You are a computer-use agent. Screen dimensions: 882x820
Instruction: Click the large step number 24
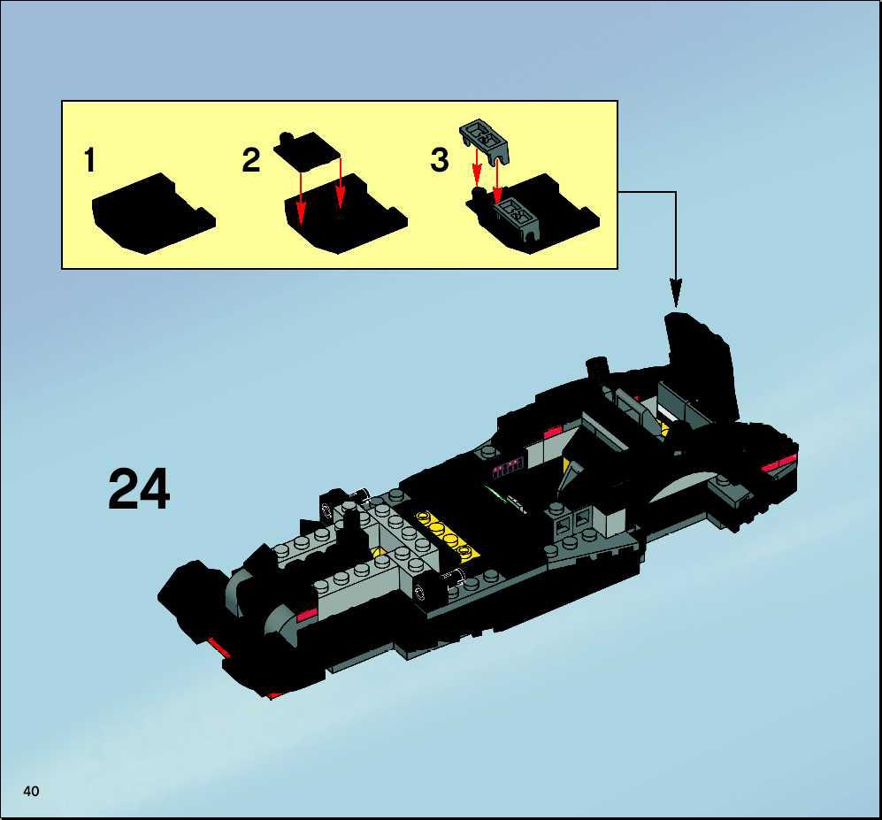[x=138, y=489]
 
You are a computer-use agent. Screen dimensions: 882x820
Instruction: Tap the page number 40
[x=32, y=792]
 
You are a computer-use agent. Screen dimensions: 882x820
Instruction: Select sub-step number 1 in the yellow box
[x=89, y=160]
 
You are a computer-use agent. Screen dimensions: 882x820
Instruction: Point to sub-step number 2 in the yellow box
[x=251, y=160]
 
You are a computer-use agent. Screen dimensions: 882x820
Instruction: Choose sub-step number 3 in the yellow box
[x=440, y=160]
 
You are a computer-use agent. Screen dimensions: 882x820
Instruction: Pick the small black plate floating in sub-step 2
[x=307, y=150]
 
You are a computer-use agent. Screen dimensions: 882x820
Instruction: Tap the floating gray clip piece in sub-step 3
[x=484, y=142]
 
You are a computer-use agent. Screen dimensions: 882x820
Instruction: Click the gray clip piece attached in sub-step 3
[x=517, y=218]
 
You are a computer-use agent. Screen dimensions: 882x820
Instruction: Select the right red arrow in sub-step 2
[x=339, y=186]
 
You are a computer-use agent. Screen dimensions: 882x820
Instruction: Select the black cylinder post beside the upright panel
[x=596, y=370]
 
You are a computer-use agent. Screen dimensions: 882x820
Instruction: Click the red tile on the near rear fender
[x=306, y=615]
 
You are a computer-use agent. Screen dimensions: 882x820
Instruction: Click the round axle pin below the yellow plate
[x=420, y=590]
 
